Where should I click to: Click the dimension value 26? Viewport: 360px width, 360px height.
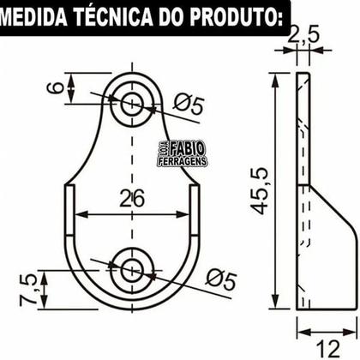click(x=132, y=199)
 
